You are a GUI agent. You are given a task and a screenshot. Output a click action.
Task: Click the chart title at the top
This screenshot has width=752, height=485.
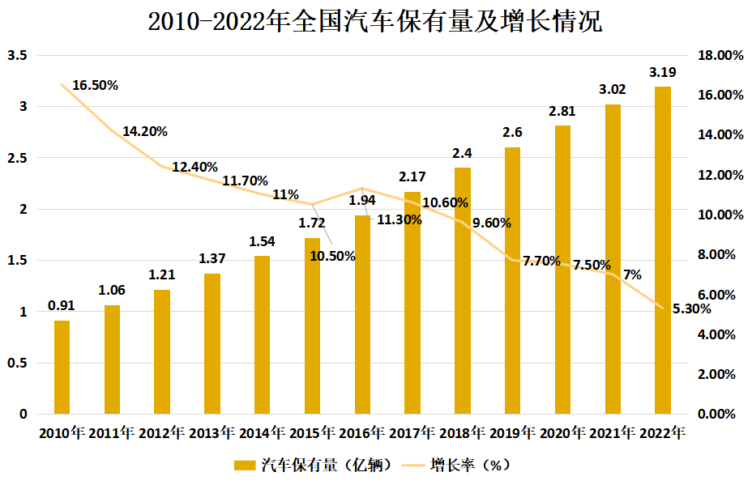point(375,22)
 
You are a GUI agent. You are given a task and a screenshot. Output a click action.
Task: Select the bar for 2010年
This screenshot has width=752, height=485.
point(62,367)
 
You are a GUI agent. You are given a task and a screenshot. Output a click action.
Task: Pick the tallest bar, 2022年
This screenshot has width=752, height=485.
point(663,250)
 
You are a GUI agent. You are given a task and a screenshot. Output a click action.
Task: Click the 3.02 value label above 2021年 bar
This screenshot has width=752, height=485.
point(613,89)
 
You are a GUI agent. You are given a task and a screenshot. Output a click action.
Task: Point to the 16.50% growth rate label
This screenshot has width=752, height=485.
point(95,85)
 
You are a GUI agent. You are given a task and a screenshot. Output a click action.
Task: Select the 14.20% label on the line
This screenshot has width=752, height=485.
point(145,131)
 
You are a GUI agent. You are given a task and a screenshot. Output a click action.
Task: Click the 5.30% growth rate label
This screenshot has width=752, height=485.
point(691,308)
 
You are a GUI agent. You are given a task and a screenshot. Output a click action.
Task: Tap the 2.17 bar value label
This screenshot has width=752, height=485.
point(412,177)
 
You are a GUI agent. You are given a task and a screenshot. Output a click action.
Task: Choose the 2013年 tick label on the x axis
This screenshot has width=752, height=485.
point(212,433)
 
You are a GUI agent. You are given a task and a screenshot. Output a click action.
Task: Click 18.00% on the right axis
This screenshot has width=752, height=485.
point(720,55)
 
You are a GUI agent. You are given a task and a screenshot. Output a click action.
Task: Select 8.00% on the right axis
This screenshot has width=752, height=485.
point(720,255)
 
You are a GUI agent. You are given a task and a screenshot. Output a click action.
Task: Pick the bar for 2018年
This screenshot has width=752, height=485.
point(463,291)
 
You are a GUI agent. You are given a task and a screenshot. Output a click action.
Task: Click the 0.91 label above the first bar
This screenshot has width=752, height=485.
point(62,305)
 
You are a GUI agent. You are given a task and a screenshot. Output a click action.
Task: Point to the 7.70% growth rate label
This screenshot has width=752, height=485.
point(542,261)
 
